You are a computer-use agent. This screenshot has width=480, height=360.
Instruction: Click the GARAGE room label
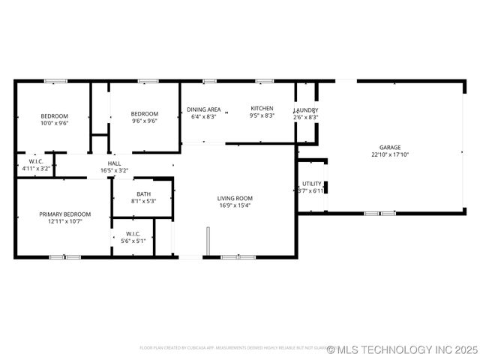389,148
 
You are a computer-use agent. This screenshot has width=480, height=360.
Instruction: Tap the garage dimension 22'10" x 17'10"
389,154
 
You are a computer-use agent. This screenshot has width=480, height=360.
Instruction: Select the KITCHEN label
262,109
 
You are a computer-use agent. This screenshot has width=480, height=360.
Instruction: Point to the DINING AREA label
203,109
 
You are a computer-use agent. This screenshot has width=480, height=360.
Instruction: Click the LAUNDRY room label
305,110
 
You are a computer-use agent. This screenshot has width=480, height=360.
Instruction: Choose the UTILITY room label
311,184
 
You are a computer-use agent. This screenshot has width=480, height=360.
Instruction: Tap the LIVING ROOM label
235,198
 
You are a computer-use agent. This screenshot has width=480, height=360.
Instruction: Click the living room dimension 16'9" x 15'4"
235,205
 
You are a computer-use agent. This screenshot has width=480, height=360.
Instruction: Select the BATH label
142,193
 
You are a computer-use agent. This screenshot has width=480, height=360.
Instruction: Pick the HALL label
114,163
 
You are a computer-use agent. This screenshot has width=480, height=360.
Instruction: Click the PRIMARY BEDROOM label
64,214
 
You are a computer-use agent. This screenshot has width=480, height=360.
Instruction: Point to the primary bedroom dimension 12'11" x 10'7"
64,221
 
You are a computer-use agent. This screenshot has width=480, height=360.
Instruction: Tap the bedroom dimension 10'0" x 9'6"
54,123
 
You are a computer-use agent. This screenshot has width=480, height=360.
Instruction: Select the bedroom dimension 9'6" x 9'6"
144,121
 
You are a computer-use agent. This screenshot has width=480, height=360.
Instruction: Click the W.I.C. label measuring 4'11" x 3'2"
35,169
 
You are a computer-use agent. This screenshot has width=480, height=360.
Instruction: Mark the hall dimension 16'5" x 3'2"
114,170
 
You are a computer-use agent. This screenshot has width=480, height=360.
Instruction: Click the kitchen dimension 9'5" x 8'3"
262,116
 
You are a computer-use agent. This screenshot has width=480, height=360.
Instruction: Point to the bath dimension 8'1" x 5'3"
142,201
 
